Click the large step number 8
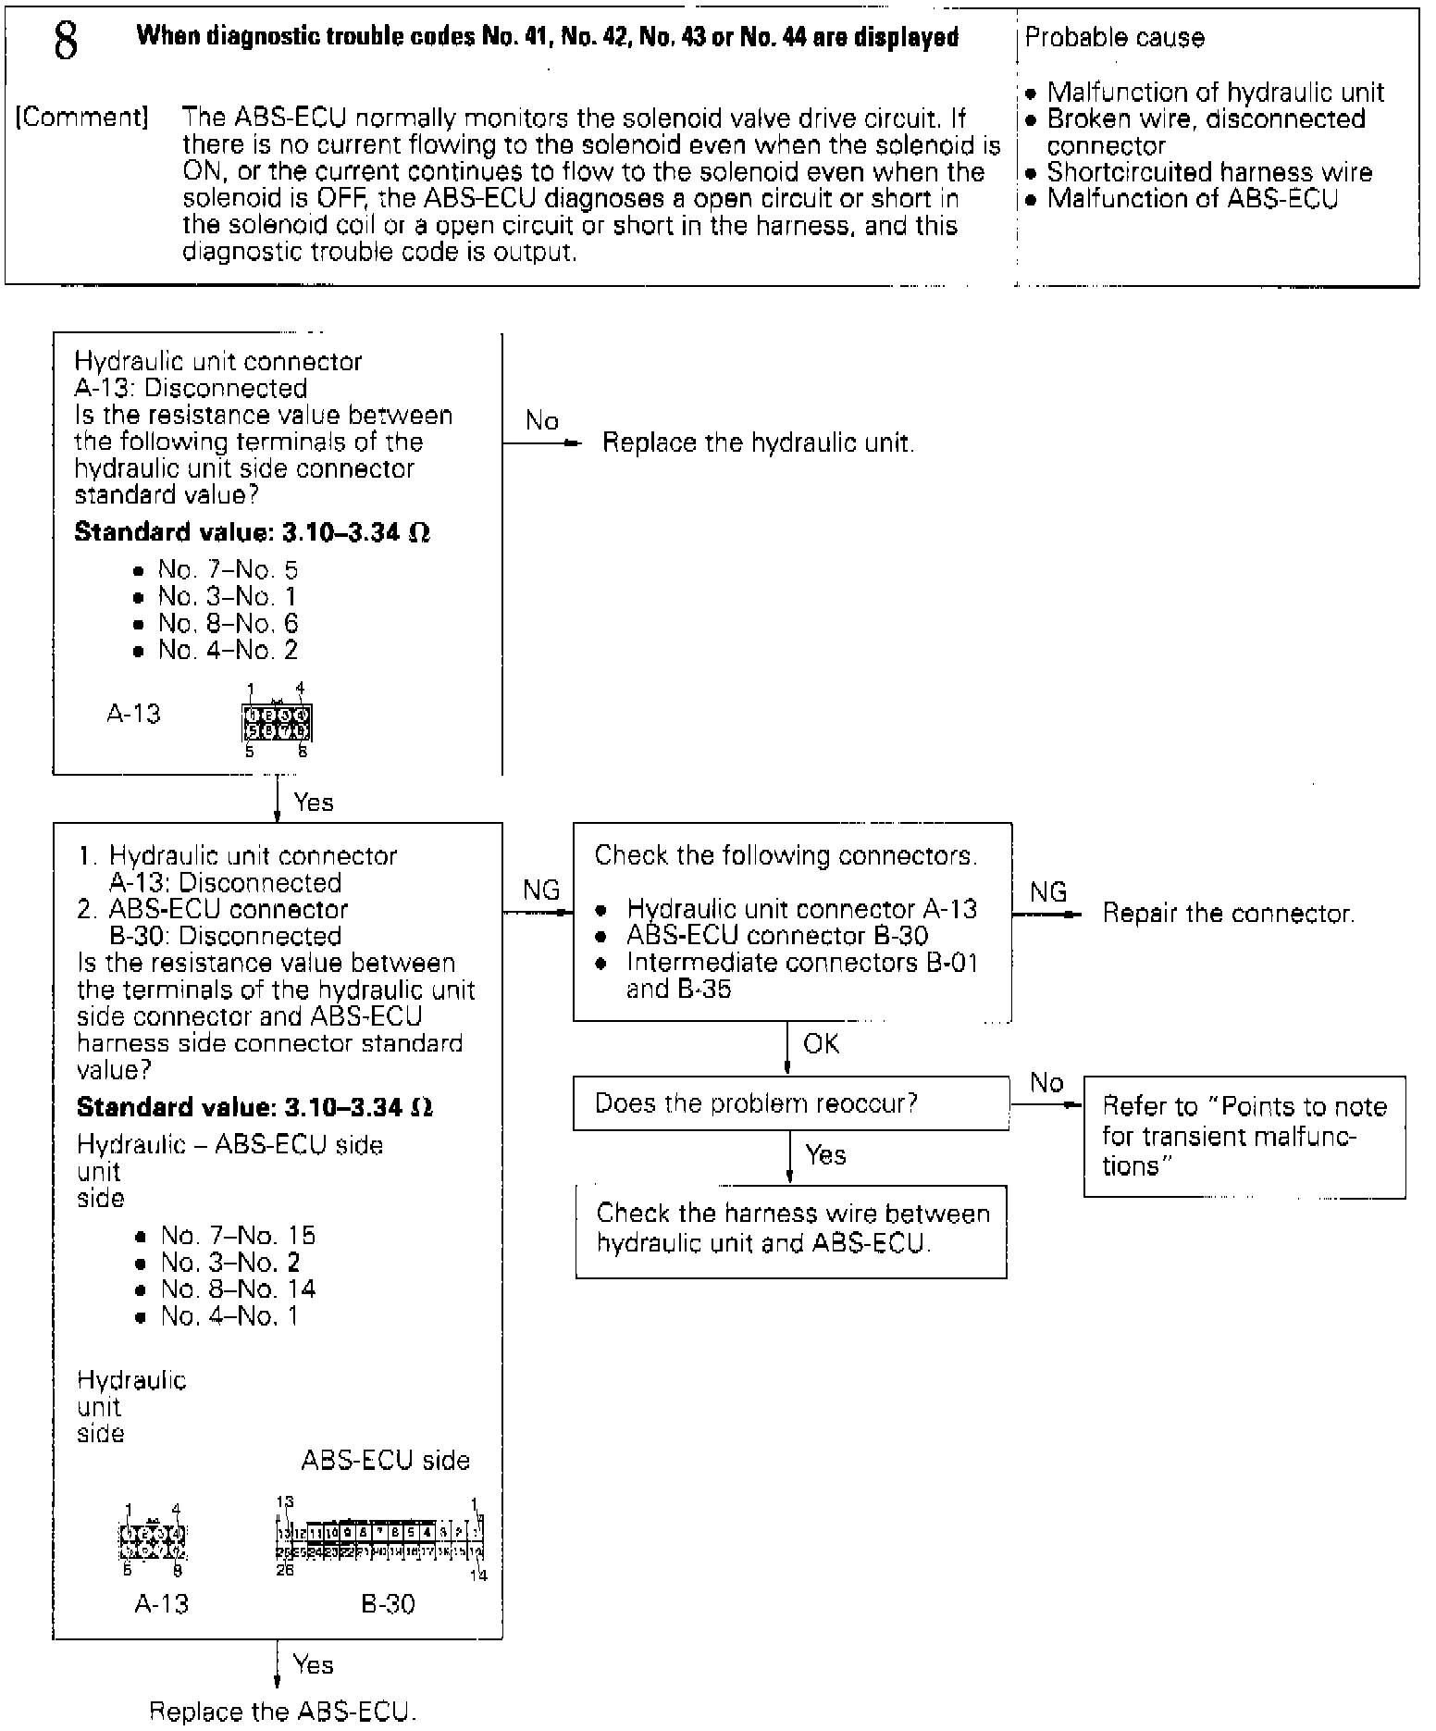tap(66, 42)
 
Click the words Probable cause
tap(1115, 38)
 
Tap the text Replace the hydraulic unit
tap(758, 442)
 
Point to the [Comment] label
tap(81, 118)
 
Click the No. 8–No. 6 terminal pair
tap(228, 624)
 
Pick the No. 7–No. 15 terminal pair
tap(238, 1236)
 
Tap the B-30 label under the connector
tap(388, 1604)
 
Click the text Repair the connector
tap(1228, 914)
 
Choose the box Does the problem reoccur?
tap(791, 1103)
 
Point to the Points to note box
tap(1244, 1136)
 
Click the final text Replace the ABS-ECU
tap(283, 1712)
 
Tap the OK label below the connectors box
tap(821, 1044)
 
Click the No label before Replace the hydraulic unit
tap(541, 421)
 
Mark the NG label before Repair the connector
tap(1047, 892)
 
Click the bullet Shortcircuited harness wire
tap(1208, 172)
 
